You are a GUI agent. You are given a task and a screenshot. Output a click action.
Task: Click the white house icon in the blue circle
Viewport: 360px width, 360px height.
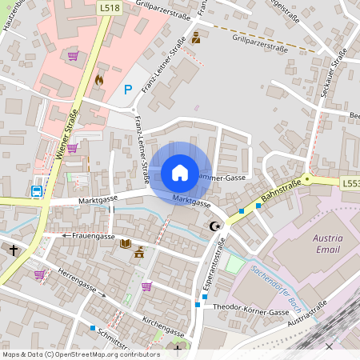[x=180, y=173]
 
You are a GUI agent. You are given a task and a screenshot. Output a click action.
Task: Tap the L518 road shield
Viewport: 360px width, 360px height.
[x=110, y=6]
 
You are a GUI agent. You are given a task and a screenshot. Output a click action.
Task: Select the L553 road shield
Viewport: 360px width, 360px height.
[x=350, y=183]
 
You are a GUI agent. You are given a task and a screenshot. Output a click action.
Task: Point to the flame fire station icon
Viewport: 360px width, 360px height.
[x=99, y=80]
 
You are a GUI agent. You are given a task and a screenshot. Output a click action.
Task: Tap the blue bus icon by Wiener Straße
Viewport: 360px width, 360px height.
[x=37, y=190]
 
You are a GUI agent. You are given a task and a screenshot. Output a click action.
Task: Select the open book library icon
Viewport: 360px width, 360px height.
[x=125, y=242]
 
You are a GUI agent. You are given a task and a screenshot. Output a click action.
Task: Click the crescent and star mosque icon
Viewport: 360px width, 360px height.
[x=214, y=227]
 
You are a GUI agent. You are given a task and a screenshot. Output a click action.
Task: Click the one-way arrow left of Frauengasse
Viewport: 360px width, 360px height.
[x=65, y=236]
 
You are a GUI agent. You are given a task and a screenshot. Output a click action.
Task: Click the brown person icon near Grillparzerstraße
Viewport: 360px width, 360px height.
[x=196, y=38]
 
